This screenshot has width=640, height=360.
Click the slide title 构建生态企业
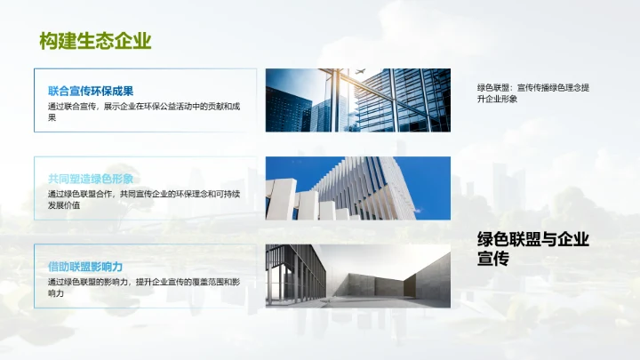(x=95, y=41)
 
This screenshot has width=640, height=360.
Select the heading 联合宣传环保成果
(x=91, y=91)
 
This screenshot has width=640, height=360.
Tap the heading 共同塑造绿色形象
(x=91, y=178)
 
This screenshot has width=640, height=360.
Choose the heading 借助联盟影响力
(x=85, y=266)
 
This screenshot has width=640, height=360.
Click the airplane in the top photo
(x=360, y=72)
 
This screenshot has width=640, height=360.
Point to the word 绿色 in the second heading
(x=101, y=178)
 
